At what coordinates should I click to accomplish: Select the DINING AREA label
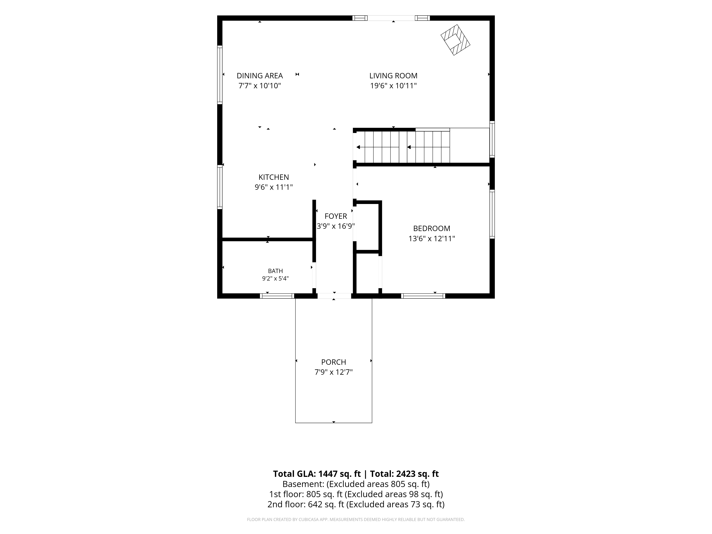(x=260, y=76)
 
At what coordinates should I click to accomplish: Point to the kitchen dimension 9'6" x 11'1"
(x=274, y=187)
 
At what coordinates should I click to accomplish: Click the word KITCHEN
(x=274, y=177)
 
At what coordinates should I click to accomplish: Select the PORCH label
(x=333, y=362)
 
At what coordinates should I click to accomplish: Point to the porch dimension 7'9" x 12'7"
(x=333, y=372)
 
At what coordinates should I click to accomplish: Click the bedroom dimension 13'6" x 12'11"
(x=432, y=239)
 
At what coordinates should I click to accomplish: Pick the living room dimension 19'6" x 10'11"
(x=393, y=86)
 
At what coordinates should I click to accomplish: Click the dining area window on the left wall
(x=220, y=75)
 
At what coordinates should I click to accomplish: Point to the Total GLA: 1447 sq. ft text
(x=317, y=474)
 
